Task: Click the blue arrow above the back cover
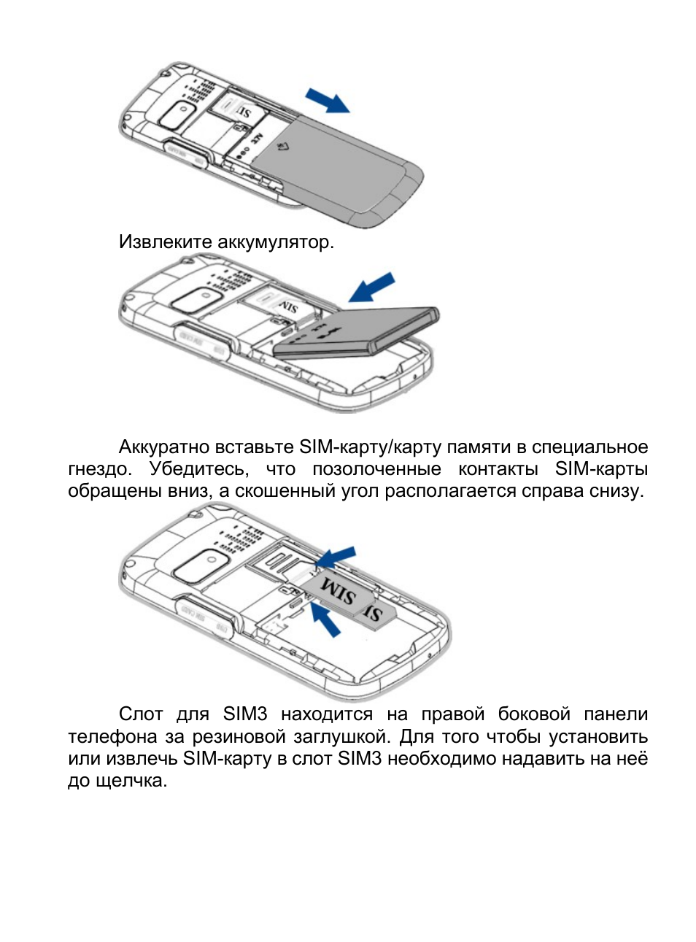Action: tap(328, 100)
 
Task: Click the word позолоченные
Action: tap(376, 468)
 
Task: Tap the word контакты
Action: tap(498, 468)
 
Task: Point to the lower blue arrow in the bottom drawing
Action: tap(325, 619)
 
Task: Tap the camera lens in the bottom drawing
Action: tap(201, 565)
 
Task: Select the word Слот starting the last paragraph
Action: tap(140, 714)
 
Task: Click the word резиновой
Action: tap(238, 736)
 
